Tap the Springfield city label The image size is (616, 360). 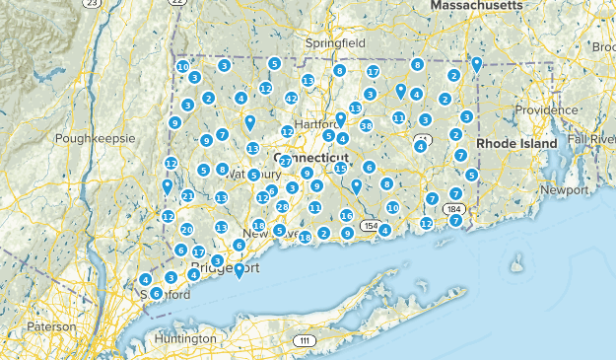335,44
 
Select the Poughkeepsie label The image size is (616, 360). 96,138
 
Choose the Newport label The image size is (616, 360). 565,188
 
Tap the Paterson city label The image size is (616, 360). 51,326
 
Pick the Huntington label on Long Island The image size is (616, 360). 185,338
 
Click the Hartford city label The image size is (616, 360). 314,125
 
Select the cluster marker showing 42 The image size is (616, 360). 291,99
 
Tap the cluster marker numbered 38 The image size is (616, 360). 366,125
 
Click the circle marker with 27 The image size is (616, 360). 285,161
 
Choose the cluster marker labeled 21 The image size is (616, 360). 187,195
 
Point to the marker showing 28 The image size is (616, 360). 283,206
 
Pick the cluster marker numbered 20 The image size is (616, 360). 186,229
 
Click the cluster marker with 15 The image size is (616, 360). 341,169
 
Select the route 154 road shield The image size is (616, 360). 370,226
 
